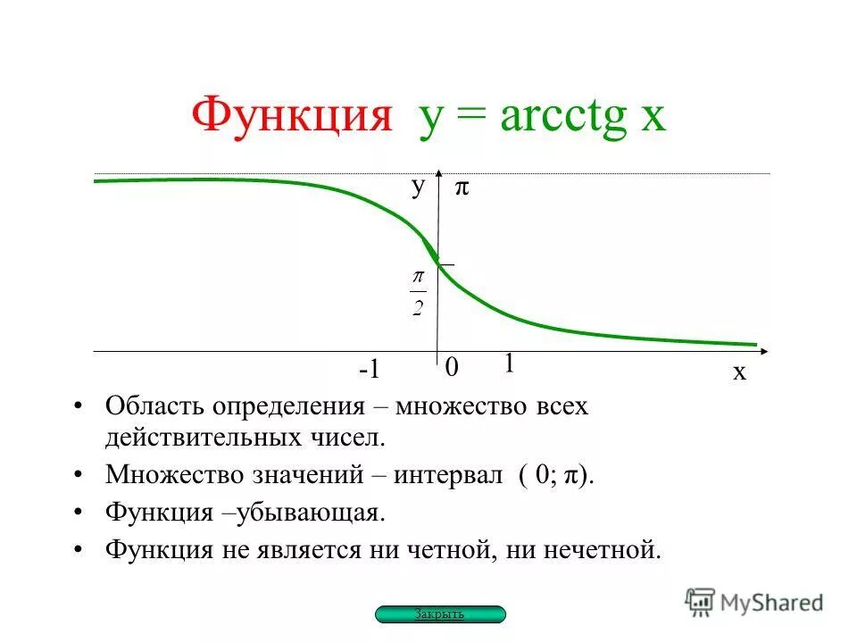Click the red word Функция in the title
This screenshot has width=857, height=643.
pos(292,116)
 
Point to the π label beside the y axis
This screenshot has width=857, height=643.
pos(462,188)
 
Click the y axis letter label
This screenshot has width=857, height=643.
pos(417,186)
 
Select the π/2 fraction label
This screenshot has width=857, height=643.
pos(418,293)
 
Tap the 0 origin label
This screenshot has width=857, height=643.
pos(451,368)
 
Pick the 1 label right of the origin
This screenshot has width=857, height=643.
pos(509,363)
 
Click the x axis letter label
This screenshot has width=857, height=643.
pos(739,372)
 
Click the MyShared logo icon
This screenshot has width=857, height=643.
pos(701,601)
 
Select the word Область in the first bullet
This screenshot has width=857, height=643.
pos(154,406)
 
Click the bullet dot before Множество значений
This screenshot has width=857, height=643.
pos(79,474)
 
